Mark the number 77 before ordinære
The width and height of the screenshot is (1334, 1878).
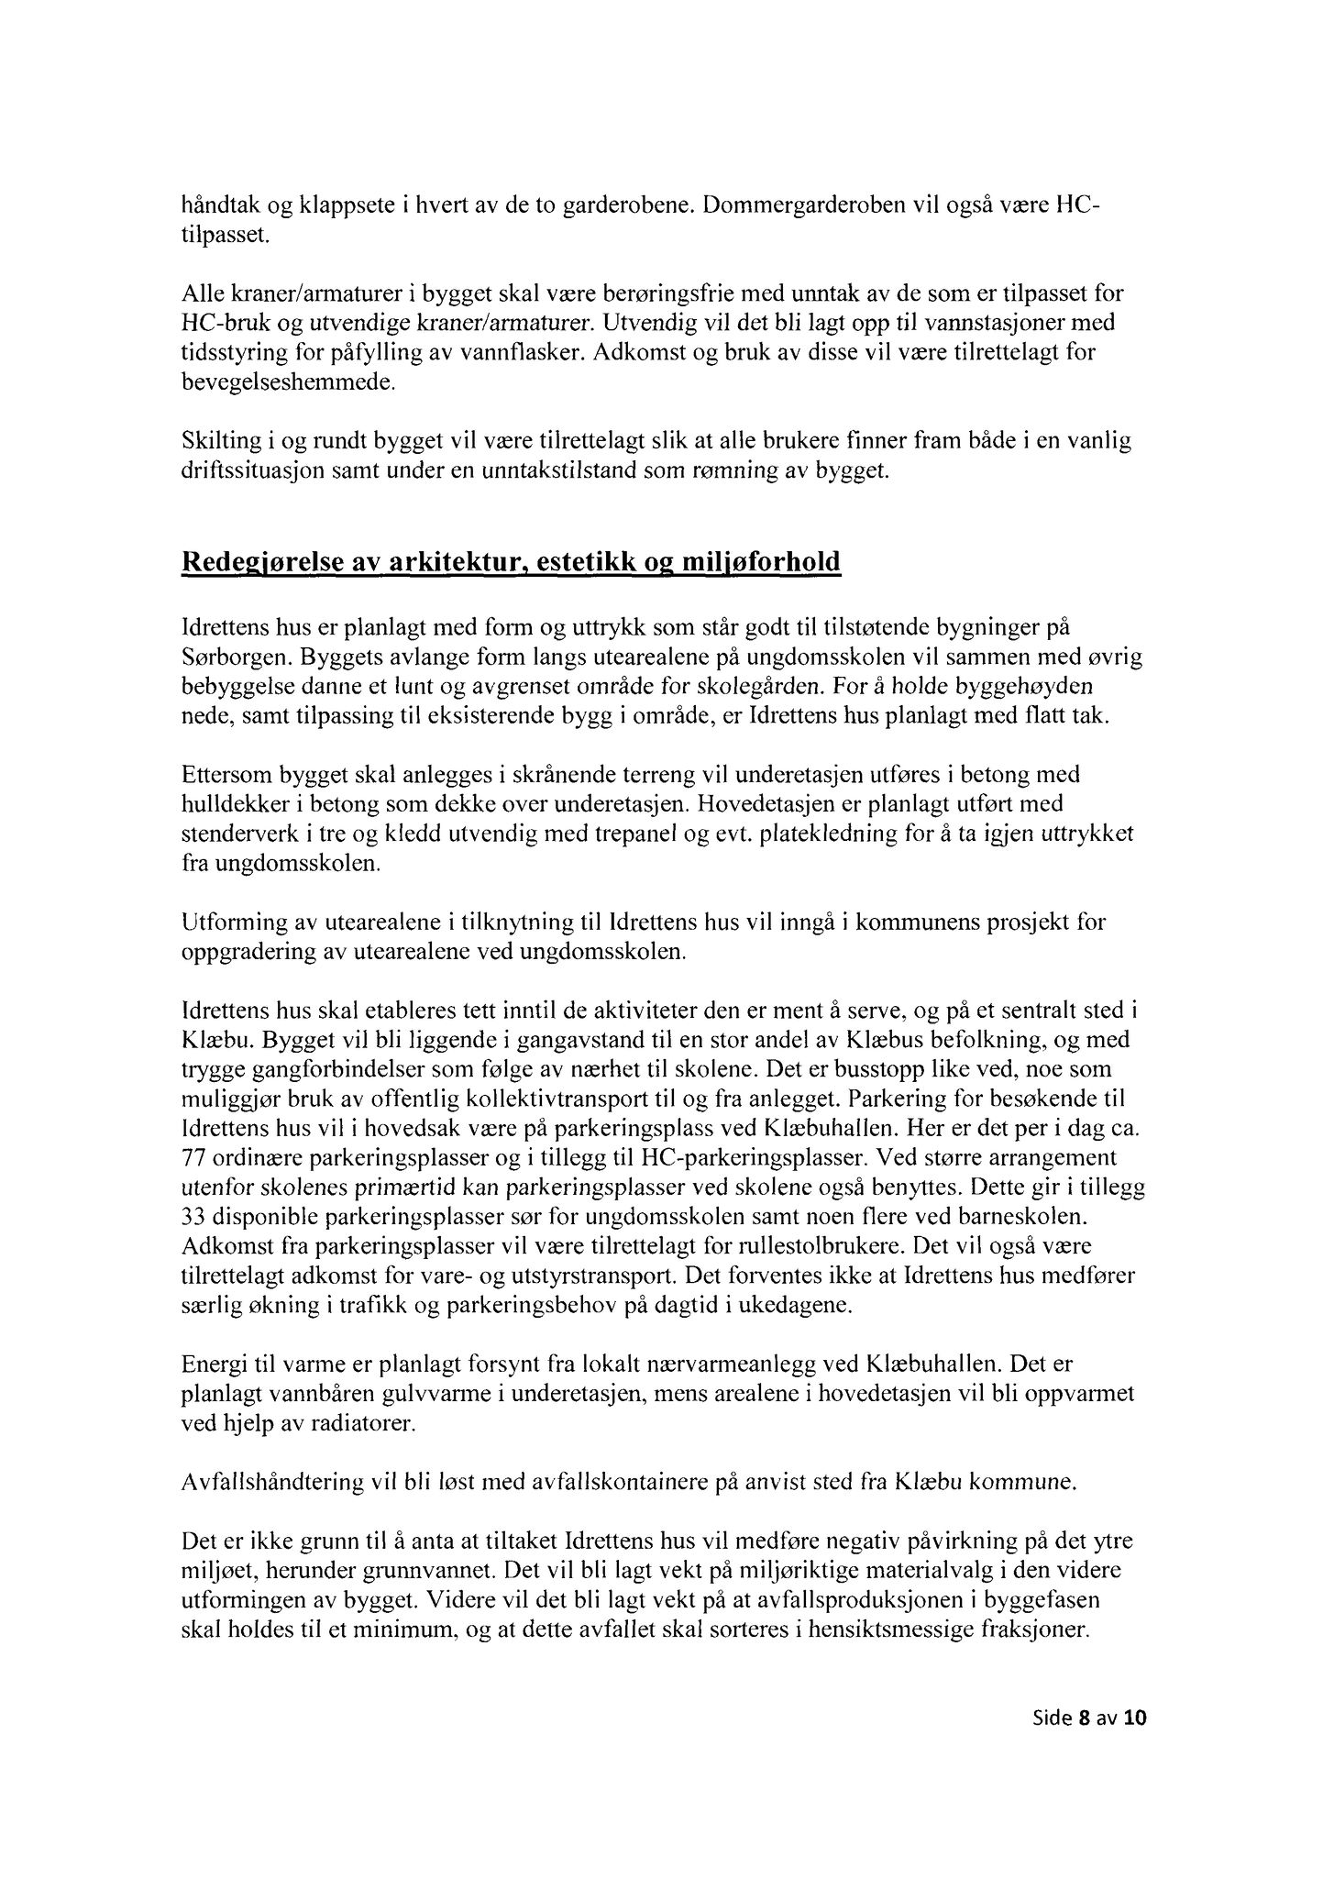coord(194,1157)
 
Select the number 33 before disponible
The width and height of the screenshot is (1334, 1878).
coord(194,1217)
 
